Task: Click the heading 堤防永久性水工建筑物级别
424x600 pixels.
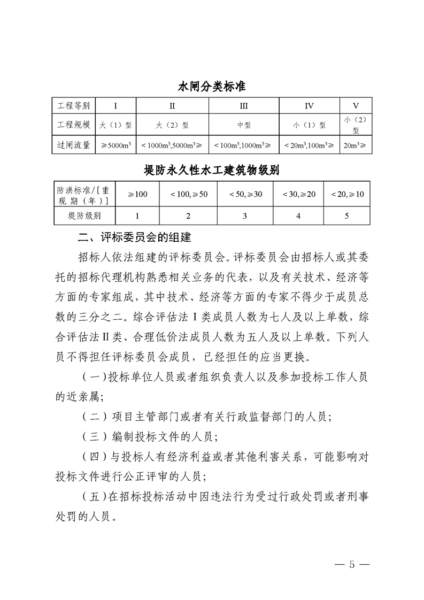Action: click(212, 170)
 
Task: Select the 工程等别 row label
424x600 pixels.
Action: click(74, 105)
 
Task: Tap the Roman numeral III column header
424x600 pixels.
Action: click(243, 105)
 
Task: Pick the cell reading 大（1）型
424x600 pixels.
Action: click(116, 126)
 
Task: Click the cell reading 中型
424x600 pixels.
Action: click(243, 126)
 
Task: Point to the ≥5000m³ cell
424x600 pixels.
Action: click(116, 145)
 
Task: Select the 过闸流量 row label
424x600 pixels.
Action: click(74, 145)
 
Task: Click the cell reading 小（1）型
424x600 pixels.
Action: click(309, 126)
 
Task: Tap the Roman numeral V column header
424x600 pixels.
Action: click(356, 105)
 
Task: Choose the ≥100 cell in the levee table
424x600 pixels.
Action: click(137, 194)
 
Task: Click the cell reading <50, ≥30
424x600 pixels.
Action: click(245, 194)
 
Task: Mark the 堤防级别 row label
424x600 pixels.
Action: click(84, 216)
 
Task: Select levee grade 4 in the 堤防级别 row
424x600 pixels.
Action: click(298, 216)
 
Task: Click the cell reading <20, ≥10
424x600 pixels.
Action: click(347, 194)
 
